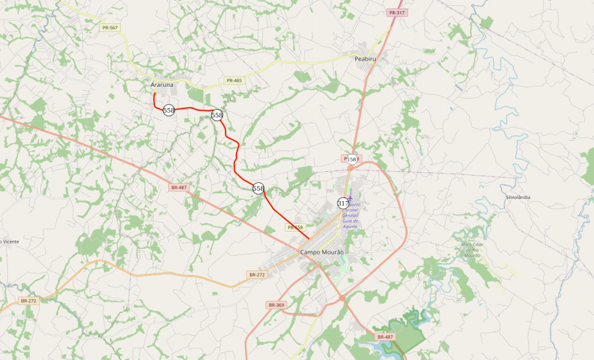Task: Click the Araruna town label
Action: click(x=162, y=85)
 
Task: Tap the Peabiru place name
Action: click(x=365, y=59)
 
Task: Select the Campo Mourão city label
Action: click(x=322, y=252)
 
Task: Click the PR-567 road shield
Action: click(x=109, y=27)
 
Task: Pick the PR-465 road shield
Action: click(x=234, y=80)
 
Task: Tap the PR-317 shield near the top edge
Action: click(x=397, y=13)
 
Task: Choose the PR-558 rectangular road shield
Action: click(x=295, y=228)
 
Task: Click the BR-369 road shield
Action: click(x=276, y=305)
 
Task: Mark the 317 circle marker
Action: click(x=343, y=203)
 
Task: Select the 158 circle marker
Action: click(x=352, y=159)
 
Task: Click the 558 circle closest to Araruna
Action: click(x=169, y=110)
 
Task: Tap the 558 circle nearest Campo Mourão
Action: click(x=258, y=188)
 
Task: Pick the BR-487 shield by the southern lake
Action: click(x=384, y=336)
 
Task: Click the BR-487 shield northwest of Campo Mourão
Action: click(x=179, y=187)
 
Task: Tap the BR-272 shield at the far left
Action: click(x=29, y=301)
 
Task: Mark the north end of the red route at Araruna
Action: click(x=154, y=94)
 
